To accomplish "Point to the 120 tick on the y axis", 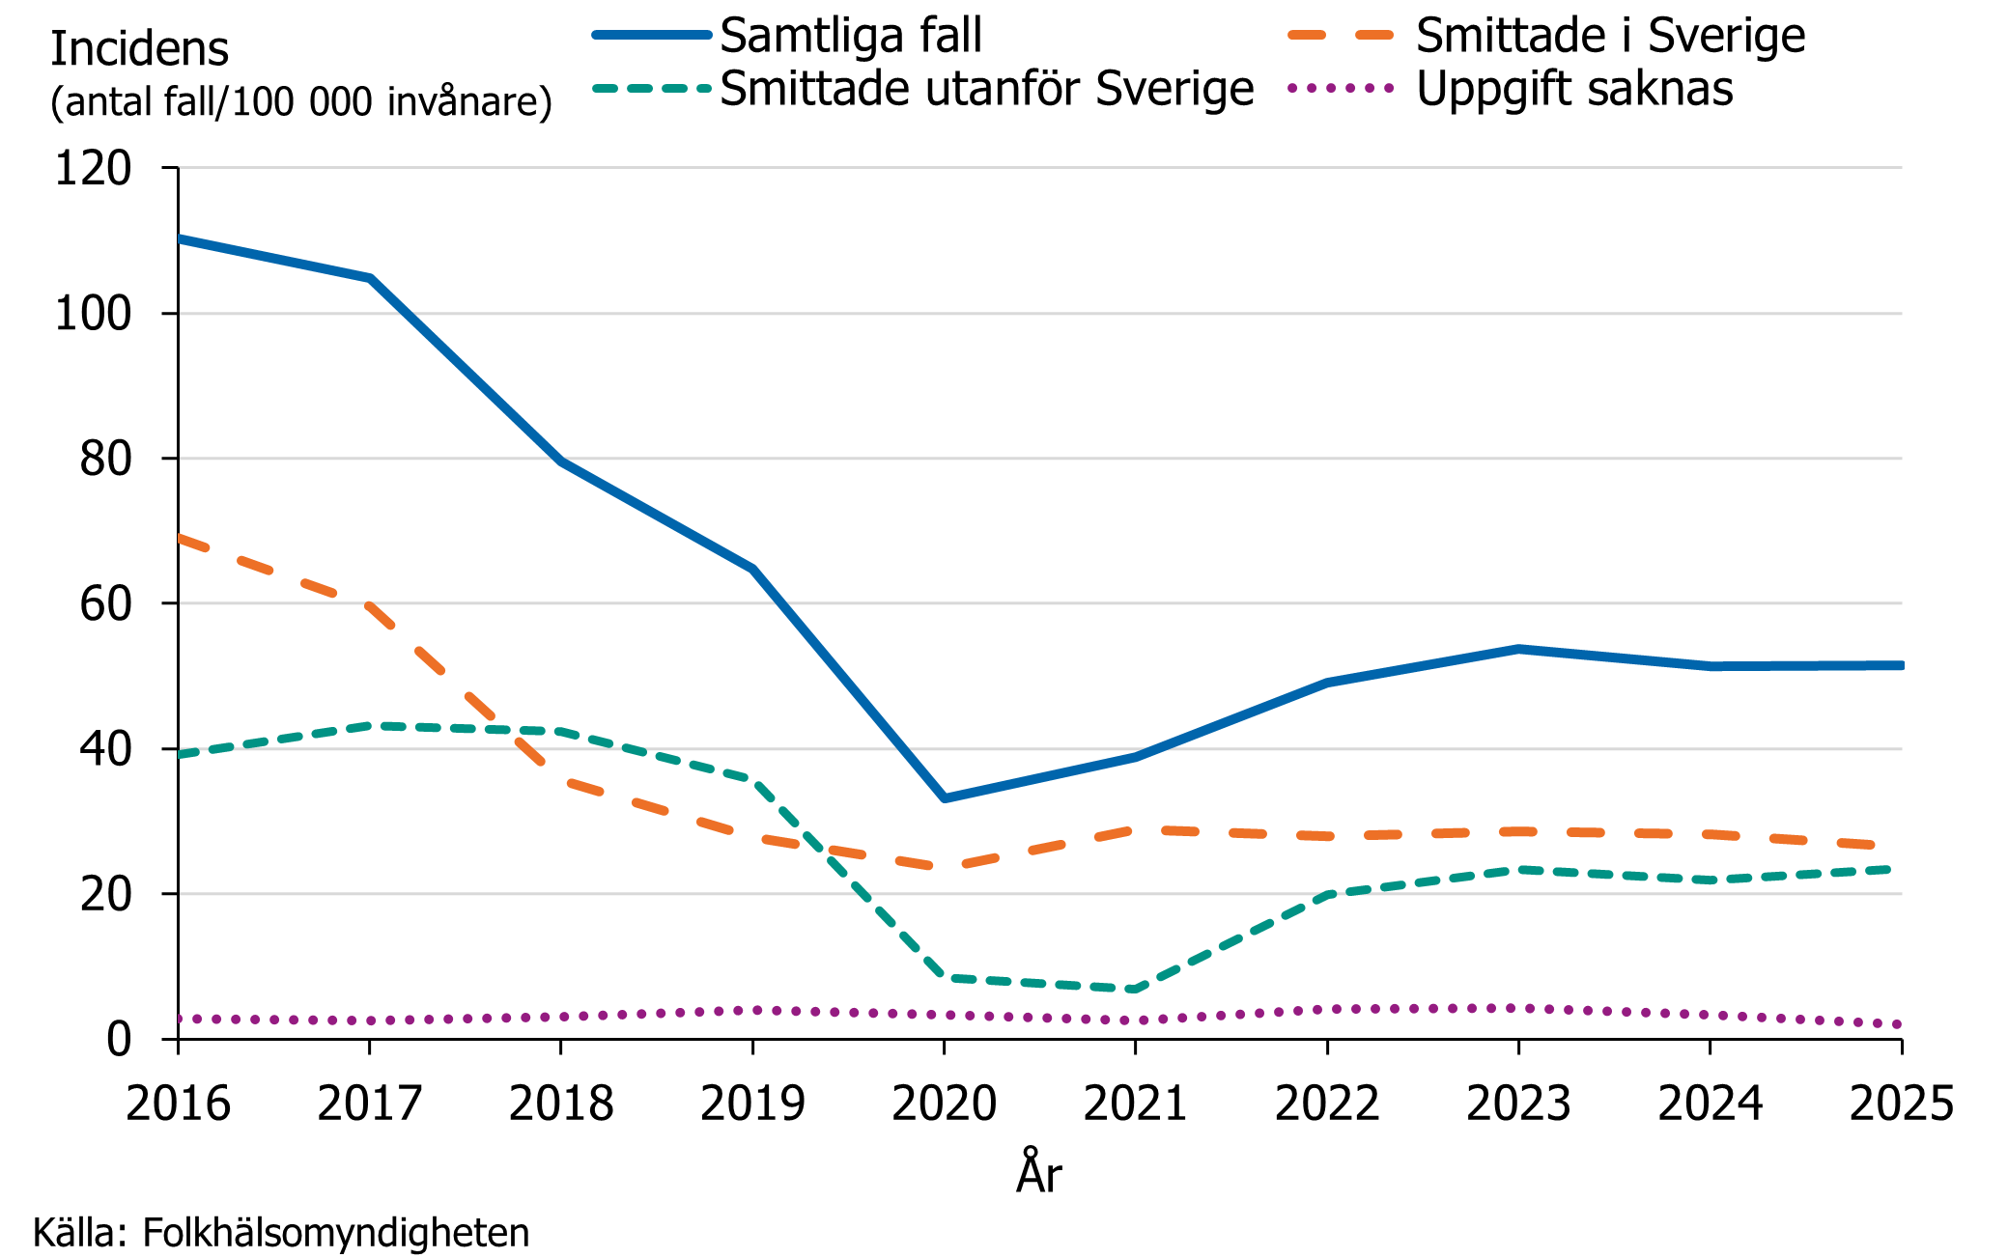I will [x=93, y=169].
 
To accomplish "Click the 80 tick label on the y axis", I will [x=105, y=460].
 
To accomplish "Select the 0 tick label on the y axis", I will [x=119, y=1040].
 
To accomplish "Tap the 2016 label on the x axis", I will [x=178, y=1104].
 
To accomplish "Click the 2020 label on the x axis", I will [x=944, y=1104].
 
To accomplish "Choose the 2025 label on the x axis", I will [x=1901, y=1104].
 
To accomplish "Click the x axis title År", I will [x=1039, y=1173].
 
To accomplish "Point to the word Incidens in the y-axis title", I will [x=139, y=49].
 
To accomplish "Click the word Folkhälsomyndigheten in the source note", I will [x=336, y=1233].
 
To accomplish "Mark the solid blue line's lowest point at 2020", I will [x=944, y=798].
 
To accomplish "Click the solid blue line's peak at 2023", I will [x=1518, y=649].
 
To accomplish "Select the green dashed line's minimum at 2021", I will [x=1135, y=990].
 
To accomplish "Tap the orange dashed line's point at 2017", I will [x=369, y=606].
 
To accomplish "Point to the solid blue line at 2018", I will [x=560, y=461].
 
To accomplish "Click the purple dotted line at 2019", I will [x=752, y=1010].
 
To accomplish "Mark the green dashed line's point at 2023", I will [x=1518, y=870].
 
